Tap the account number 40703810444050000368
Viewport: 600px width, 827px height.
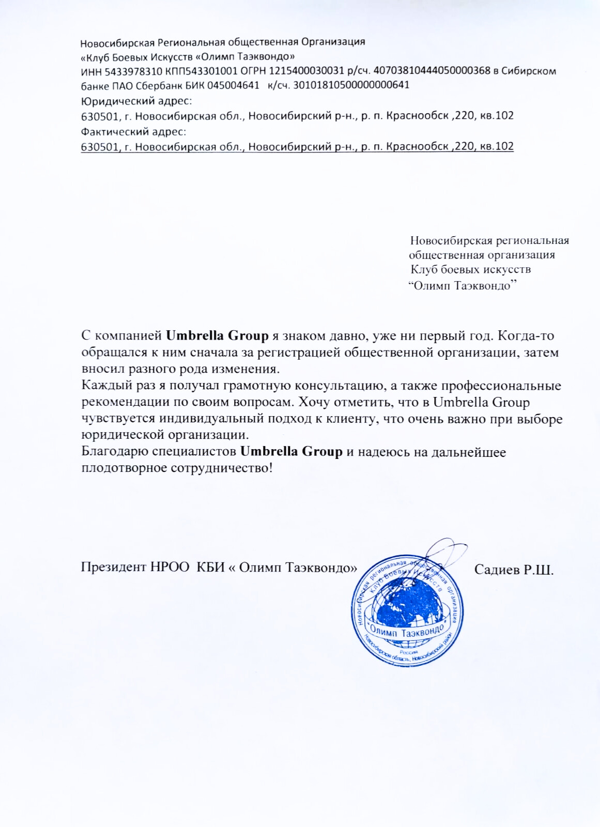click(432, 71)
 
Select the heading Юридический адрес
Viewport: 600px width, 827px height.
click(136, 100)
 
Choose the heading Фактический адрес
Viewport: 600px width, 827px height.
click(133, 131)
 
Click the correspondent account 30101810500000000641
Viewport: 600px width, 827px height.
click(351, 85)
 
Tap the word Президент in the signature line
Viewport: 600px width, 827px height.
click(113, 568)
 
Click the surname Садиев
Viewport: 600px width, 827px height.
click(497, 570)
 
